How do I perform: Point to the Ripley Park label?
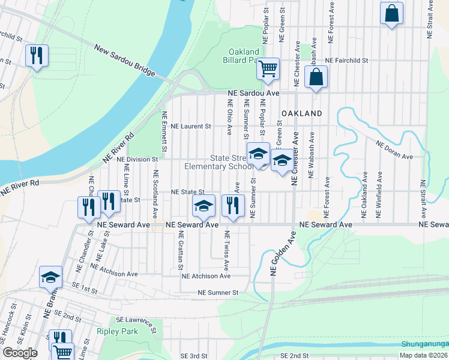(118, 331)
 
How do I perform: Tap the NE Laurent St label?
(191, 127)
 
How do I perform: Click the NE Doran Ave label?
(394, 150)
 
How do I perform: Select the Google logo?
(20, 352)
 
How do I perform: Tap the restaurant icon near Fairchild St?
(37, 56)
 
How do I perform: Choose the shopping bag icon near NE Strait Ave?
(391, 14)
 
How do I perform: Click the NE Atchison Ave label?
(206, 276)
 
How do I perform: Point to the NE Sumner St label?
(219, 292)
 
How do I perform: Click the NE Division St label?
(137, 159)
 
